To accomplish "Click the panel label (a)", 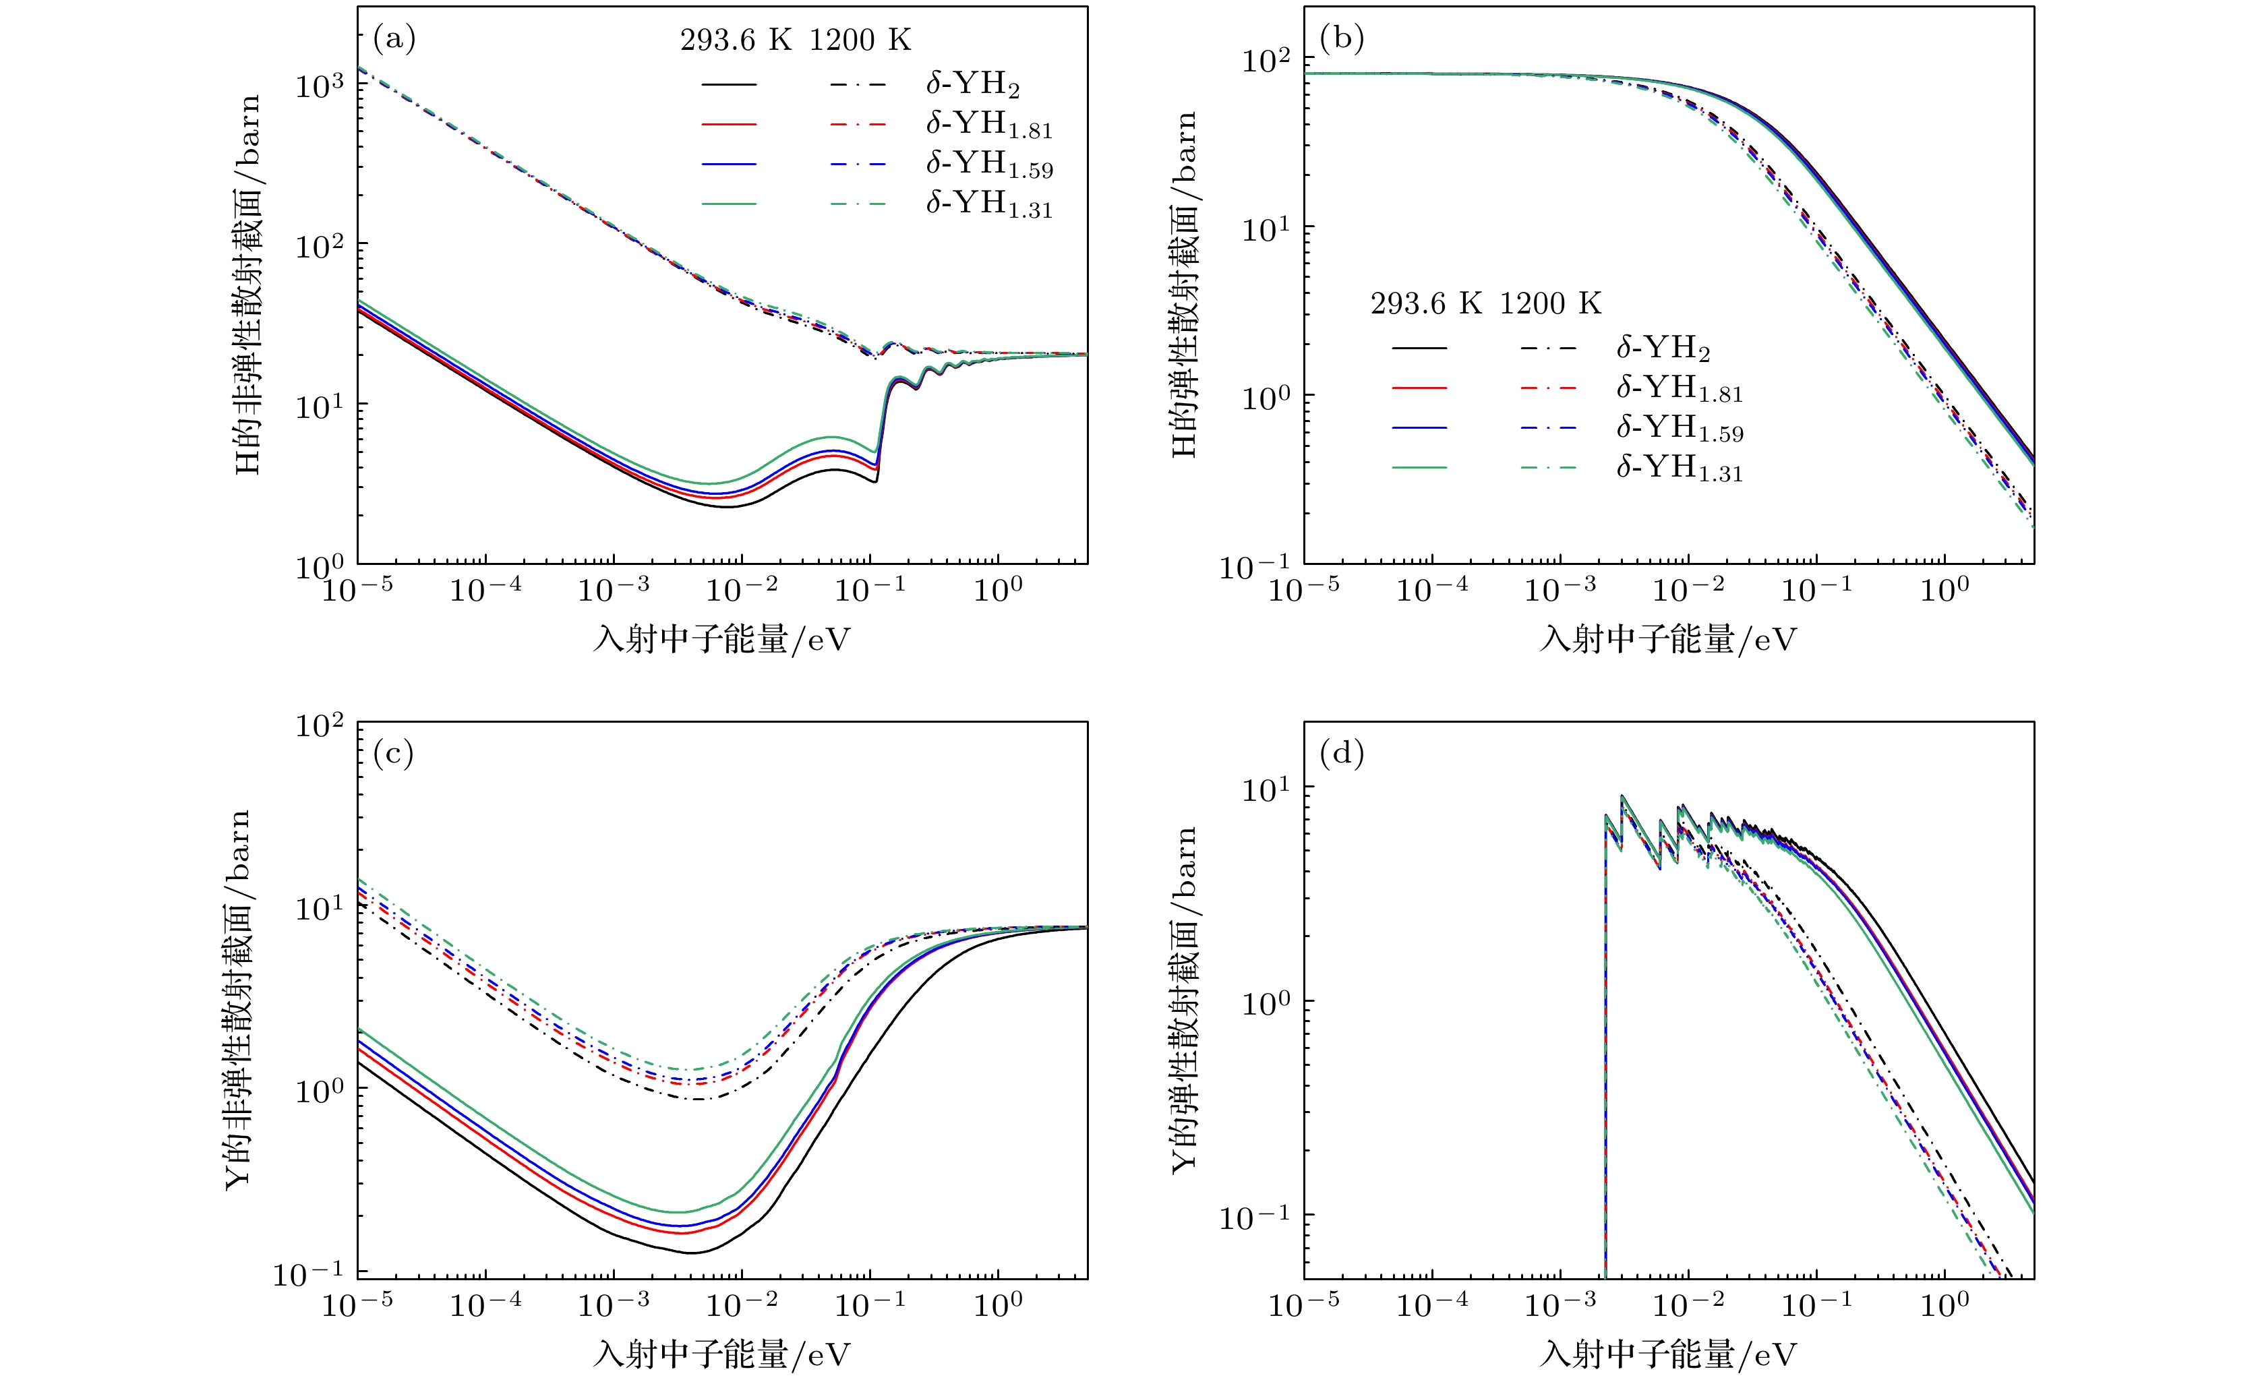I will [x=394, y=39].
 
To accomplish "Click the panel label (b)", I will [x=1341, y=39].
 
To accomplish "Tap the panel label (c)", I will [x=394, y=754].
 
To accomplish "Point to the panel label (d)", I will [x=1341, y=754].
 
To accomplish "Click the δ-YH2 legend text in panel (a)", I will [x=972, y=84].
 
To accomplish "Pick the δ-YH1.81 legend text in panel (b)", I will [x=1678, y=388].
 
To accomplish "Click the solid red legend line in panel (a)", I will [x=729, y=123].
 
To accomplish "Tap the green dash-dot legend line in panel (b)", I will [x=1548, y=468].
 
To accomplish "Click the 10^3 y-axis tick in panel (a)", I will [x=320, y=85].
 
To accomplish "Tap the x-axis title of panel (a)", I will [x=721, y=639].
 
